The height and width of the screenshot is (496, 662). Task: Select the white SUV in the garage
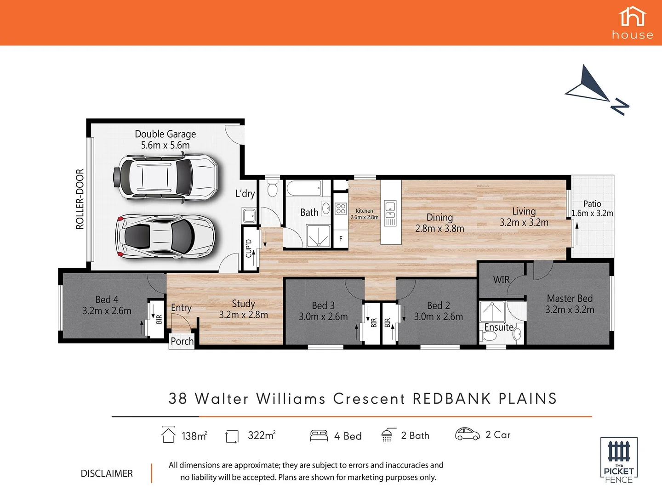click(x=165, y=177)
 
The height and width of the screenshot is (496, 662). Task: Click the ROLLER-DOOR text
click(x=80, y=199)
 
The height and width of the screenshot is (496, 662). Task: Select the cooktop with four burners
click(x=341, y=209)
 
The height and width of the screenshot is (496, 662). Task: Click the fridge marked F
click(x=341, y=239)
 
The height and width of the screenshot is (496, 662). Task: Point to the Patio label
click(x=592, y=203)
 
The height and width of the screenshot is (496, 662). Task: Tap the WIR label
click(x=501, y=280)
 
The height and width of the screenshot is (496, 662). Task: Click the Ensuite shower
click(x=492, y=311)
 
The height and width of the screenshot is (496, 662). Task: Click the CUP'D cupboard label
click(x=249, y=248)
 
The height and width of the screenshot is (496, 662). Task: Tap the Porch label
click(x=182, y=341)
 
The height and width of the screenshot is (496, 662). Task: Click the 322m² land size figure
click(x=261, y=435)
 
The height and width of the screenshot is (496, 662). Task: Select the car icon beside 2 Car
click(x=467, y=434)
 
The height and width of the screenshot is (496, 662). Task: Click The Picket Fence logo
click(x=619, y=460)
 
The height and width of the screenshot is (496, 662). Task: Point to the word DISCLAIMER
click(x=107, y=473)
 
